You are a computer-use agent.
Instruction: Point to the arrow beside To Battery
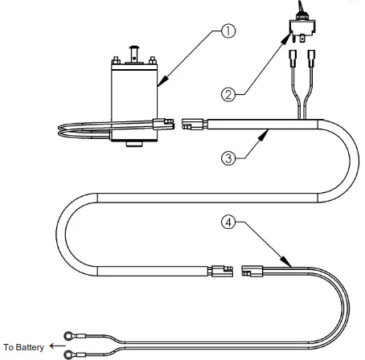click(55, 346)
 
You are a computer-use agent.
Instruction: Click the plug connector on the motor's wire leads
click(161, 125)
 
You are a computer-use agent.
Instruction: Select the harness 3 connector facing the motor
click(194, 125)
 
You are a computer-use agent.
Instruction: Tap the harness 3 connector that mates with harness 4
click(219, 271)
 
